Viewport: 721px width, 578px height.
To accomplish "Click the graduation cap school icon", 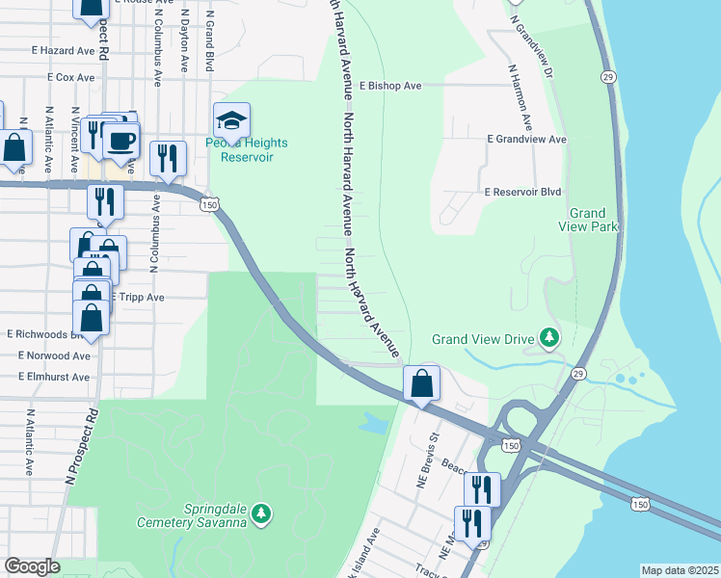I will point(231,121).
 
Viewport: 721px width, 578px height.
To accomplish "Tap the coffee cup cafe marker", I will point(121,141).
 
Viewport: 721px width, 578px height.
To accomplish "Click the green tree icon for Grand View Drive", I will point(548,338).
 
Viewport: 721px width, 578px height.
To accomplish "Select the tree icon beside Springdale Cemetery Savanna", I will point(261,516).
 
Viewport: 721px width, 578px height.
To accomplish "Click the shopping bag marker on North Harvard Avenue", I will point(422,384).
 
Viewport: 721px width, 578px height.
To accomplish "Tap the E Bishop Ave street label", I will point(390,86).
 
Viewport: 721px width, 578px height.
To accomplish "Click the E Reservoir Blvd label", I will point(523,193).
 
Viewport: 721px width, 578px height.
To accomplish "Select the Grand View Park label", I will point(587,220).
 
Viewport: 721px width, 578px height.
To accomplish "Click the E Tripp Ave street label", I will point(137,298).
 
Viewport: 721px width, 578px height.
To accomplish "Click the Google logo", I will point(32,566).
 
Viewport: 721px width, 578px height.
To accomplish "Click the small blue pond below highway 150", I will point(373,421).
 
